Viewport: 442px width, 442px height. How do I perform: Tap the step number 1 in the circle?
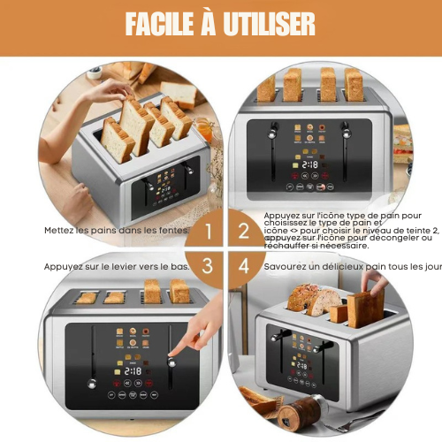coord(209,232)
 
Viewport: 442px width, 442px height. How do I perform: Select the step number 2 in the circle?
coord(244,232)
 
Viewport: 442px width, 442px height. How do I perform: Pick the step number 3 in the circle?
coord(209,265)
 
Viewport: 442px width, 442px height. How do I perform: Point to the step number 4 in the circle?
coord(244,265)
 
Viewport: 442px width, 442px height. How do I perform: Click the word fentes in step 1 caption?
coord(171,232)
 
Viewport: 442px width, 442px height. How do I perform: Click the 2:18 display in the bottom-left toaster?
coord(133,371)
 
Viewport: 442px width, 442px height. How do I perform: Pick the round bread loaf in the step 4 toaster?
coord(302,299)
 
